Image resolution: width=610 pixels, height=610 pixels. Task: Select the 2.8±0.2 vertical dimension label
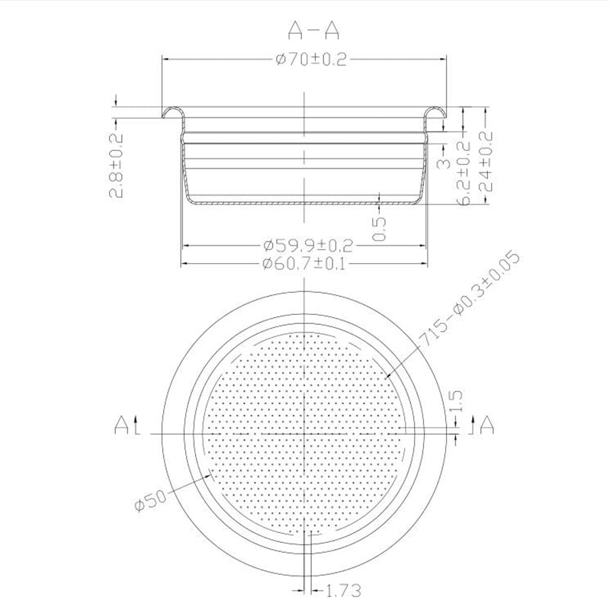[117, 163]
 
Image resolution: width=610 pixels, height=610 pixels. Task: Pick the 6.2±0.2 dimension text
[462, 172]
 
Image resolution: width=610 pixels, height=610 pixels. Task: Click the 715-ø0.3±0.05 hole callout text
[472, 302]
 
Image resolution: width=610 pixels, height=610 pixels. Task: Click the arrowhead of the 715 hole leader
[387, 376]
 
